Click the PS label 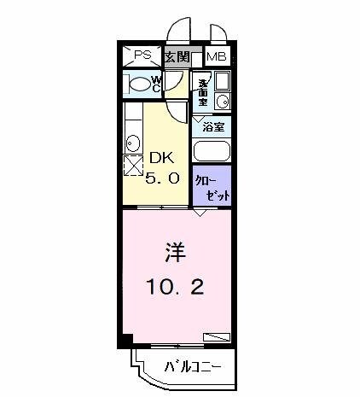click(x=142, y=55)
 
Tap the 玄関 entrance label click(x=177, y=57)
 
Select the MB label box click(x=216, y=57)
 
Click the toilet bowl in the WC click(x=136, y=84)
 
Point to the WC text click(x=157, y=84)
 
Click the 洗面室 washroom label click(x=202, y=91)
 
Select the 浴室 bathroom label click(x=212, y=126)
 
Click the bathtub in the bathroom click(x=212, y=151)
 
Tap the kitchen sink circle click(x=132, y=142)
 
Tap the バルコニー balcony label click(x=192, y=368)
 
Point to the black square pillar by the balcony click(x=125, y=351)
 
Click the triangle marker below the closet click(x=200, y=214)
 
